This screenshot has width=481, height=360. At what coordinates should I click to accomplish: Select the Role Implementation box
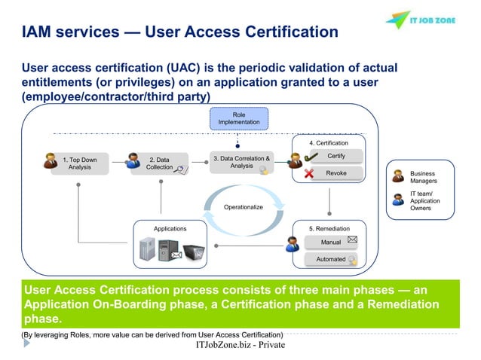pyautogui.click(x=238, y=117)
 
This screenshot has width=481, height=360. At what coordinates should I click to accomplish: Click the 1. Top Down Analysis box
pyautogui.click(x=79, y=163)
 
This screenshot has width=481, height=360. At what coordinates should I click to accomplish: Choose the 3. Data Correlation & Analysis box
pyautogui.click(x=241, y=163)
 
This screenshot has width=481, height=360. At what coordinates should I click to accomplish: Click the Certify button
pyautogui.click(x=336, y=156)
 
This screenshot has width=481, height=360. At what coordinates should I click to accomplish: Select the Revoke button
pyautogui.click(x=336, y=173)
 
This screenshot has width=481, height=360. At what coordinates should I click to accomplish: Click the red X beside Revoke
pyautogui.click(x=309, y=174)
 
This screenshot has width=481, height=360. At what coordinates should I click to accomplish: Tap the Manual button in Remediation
pyautogui.click(x=331, y=243)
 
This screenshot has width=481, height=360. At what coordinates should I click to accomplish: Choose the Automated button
pyautogui.click(x=331, y=259)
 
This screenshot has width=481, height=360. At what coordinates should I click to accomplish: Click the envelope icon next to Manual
pyautogui.click(x=352, y=240)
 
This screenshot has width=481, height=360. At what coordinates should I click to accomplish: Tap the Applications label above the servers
pyautogui.click(x=170, y=228)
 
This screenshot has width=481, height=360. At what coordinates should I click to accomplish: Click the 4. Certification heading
pyautogui.click(x=329, y=142)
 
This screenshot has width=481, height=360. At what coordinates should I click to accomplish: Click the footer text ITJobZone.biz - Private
pyautogui.click(x=240, y=345)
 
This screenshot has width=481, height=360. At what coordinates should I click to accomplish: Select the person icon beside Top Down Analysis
pyautogui.click(x=51, y=160)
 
